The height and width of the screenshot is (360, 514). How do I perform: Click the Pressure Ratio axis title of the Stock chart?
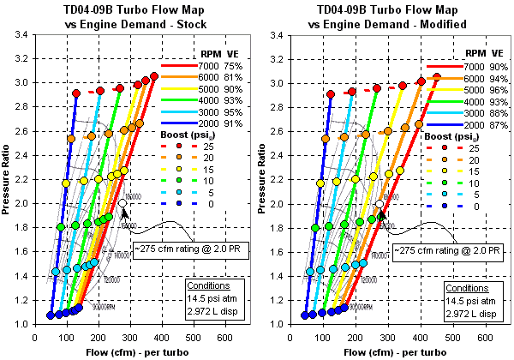tap(7, 180)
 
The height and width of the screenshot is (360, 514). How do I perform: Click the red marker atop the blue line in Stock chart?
tap(76, 93)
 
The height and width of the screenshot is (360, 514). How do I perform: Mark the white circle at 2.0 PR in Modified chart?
tap(380, 204)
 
